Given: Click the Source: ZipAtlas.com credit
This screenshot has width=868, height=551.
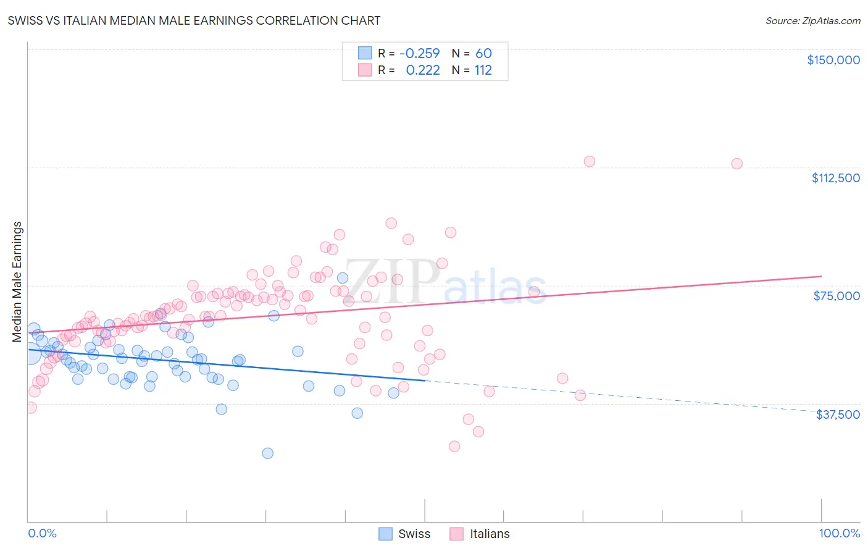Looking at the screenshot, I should pyautogui.click(x=812, y=20).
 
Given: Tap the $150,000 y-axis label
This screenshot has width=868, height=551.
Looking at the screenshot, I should pyautogui.click(x=833, y=60).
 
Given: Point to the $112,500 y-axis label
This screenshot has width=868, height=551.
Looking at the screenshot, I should pyautogui.click(x=835, y=178).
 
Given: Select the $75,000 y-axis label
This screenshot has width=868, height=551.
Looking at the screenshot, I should pyautogui.click(x=837, y=296).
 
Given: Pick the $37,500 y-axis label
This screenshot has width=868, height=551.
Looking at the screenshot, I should pyautogui.click(x=838, y=414).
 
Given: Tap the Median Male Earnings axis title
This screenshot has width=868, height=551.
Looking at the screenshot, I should pyautogui.click(x=17, y=282).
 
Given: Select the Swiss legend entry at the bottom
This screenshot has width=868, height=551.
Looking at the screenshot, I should pyautogui.click(x=404, y=534).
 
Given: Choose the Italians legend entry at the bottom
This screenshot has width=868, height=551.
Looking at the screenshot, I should pyautogui.click(x=480, y=534).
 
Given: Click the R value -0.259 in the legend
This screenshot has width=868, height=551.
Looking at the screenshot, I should pyautogui.click(x=419, y=53).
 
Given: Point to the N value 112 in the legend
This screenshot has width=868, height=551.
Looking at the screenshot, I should pyautogui.click(x=483, y=70).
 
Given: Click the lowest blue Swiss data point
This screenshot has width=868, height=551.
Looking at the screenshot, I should pyautogui.click(x=267, y=453).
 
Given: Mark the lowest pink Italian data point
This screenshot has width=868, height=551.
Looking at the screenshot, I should pyautogui.click(x=454, y=446).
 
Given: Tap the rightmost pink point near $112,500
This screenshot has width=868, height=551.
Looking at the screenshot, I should pyautogui.click(x=737, y=164).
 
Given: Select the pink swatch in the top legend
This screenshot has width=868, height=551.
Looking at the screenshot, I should pyautogui.click(x=365, y=70).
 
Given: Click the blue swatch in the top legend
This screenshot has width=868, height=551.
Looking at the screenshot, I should pyautogui.click(x=365, y=53).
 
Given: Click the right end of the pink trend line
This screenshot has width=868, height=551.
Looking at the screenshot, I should pyautogui.click(x=821, y=276).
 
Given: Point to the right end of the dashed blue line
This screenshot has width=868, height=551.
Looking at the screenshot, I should pyautogui.click(x=821, y=411).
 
